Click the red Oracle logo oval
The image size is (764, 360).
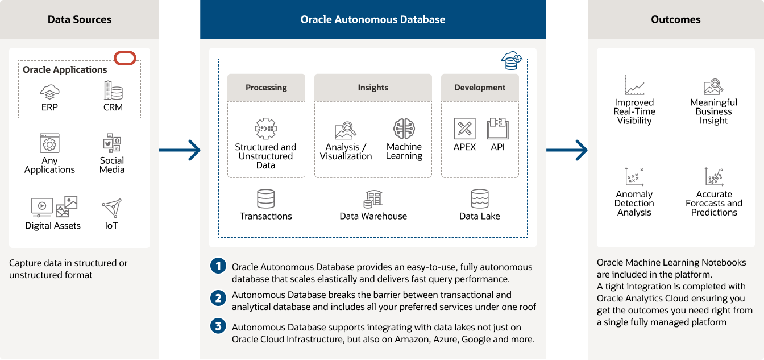(125, 58)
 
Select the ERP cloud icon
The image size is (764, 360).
(50, 91)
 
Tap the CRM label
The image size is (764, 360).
(113, 107)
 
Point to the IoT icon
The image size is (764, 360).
(111, 208)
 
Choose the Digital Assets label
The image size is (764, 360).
(53, 226)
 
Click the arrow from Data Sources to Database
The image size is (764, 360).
(180, 150)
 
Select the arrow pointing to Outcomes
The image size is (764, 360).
(567, 150)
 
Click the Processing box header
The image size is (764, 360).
(266, 88)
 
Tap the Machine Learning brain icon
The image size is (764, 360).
(404, 129)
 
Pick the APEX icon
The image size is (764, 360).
(464, 129)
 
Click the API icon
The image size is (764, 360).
(497, 129)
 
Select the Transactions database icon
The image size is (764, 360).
(266, 199)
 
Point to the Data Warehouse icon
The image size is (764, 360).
(373, 199)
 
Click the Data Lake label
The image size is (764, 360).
(480, 216)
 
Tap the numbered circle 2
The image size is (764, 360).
(218, 297)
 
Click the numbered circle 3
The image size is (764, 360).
(218, 326)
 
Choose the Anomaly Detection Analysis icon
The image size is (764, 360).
(634, 177)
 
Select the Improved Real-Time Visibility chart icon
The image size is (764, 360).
(634, 85)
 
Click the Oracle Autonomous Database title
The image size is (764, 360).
(373, 19)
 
